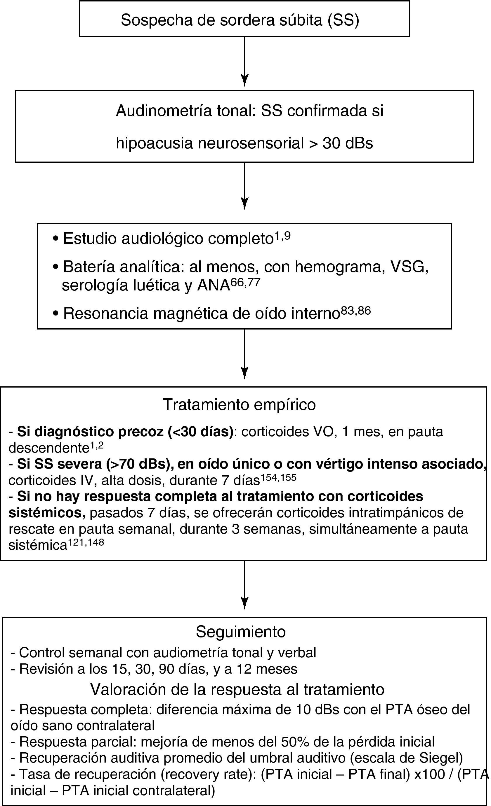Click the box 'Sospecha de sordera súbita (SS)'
click(244, 19)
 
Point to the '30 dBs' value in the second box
click(348, 143)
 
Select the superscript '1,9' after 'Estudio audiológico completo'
click(282, 236)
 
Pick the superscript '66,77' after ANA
click(245, 282)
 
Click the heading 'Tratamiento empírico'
click(239, 405)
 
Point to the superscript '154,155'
click(278, 478)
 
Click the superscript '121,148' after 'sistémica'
click(86, 543)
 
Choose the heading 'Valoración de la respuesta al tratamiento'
click(237, 689)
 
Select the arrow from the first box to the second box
click(244, 62)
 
